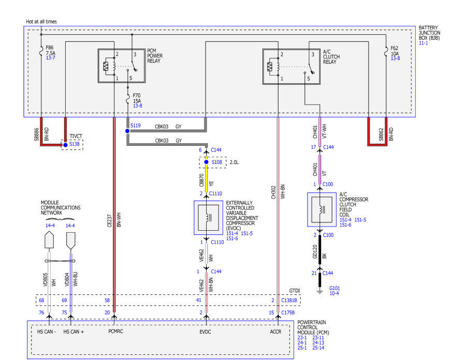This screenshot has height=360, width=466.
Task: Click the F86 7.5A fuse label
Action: coord(51,50)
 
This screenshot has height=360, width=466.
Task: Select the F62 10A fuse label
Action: coord(395,51)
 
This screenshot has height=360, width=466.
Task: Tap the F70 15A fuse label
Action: coord(137,98)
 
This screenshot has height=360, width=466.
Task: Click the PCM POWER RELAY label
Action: coord(154,56)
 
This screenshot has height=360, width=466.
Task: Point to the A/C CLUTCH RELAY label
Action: coord(331,57)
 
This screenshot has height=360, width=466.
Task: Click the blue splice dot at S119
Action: coord(127,131)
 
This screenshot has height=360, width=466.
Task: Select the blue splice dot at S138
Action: coord(65,145)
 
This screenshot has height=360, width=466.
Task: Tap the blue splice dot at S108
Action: coord(206,162)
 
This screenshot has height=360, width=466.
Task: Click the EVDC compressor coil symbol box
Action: coord(208,218)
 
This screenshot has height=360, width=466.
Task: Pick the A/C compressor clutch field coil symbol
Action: coord(322,209)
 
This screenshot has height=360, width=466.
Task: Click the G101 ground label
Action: coord(334,288)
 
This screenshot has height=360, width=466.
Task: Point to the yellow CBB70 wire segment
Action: coord(207,175)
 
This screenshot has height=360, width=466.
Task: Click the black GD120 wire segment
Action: coord(320,250)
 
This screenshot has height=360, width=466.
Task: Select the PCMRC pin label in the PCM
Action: coord(115,332)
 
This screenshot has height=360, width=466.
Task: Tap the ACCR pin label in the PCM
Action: coord(275,332)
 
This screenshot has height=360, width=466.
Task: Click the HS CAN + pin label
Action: coord(74,332)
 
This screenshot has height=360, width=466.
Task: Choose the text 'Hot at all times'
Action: coord(41,22)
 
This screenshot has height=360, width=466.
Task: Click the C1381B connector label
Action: coord(289,301)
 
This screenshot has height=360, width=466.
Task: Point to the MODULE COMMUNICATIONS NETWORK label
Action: coord(61,208)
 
